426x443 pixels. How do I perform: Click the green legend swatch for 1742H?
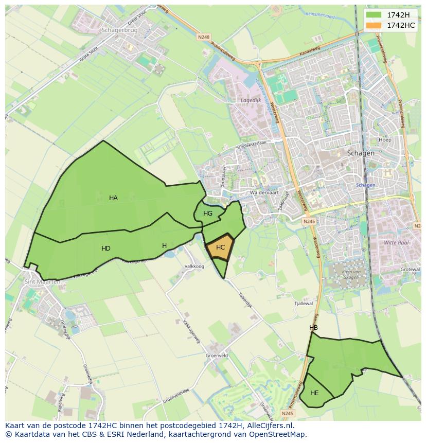pyautogui.click(x=374, y=15)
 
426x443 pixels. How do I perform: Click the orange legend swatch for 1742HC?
pyautogui.click(x=374, y=25)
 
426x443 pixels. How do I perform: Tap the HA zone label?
pyautogui.click(x=113, y=198)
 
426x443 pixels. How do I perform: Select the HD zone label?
pyautogui.click(x=105, y=249)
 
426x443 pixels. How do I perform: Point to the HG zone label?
pyautogui.click(x=208, y=214)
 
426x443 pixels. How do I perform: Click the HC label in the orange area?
pyautogui.click(x=221, y=247)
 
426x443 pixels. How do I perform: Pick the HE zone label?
pyautogui.click(x=314, y=393)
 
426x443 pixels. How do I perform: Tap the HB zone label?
pyautogui.click(x=313, y=328)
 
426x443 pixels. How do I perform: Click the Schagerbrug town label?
pyautogui.click(x=120, y=30)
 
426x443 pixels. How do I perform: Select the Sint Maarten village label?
pyautogui.click(x=42, y=281)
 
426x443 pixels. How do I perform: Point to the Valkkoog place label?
pyautogui.click(x=194, y=266)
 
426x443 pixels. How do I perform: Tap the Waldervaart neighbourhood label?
pyautogui.click(x=263, y=192)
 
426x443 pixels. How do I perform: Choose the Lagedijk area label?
pyautogui.click(x=251, y=100)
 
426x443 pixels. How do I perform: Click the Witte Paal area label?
pyautogui.click(x=395, y=242)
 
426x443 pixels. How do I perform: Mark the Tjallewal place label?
pyautogui.click(x=303, y=304)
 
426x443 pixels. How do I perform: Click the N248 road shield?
pyautogui.click(x=203, y=37)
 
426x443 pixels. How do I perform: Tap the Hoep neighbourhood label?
pyautogui.click(x=385, y=139)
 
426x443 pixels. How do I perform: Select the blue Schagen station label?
pyautogui.click(x=365, y=185)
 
